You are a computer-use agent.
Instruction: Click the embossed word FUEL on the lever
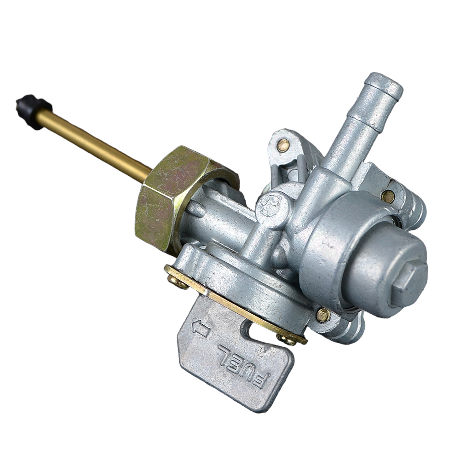click(243, 366)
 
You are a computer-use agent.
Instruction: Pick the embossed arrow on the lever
click(201, 328)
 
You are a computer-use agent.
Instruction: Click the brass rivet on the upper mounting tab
click(283, 145)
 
